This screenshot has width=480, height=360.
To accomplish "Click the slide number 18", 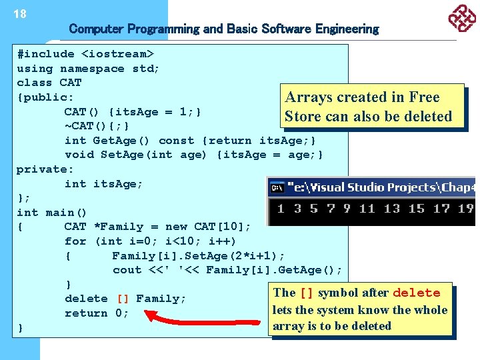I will click(x=20, y=14).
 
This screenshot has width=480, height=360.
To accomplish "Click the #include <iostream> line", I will click(x=85, y=54).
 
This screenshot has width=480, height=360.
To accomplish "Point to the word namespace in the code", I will click(x=92, y=69).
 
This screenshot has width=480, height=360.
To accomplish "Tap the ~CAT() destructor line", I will click(x=97, y=126).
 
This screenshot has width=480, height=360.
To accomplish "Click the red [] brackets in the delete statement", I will click(x=123, y=299).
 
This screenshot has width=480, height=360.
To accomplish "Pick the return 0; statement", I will click(x=96, y=313).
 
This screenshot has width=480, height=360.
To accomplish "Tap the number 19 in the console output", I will click(x=466, y=209).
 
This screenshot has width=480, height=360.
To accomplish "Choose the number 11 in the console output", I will click(x=367, y=209).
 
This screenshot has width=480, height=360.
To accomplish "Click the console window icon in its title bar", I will click(x=277, y=187).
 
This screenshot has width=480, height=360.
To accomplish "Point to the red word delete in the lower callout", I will click(x=416, y=293).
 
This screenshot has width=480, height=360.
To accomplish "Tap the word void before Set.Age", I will click(x=79, y=155).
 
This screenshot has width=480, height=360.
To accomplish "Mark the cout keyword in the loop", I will click(x=127, y=270).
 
